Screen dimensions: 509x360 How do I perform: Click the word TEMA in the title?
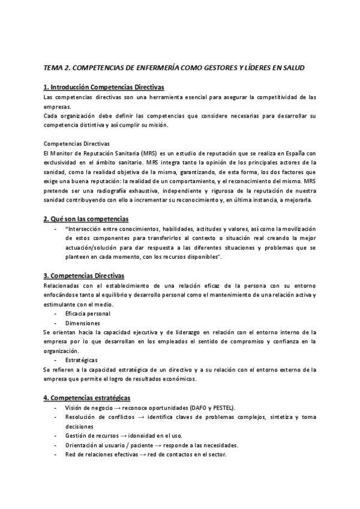coord(55,68)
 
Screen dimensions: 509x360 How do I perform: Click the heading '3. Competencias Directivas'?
coord(84,276)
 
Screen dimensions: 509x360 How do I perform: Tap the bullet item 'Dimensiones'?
coord(83,323)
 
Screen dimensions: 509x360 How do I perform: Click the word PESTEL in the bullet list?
coord(222,408)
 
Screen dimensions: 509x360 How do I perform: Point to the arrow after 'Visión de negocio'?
coord(115,408)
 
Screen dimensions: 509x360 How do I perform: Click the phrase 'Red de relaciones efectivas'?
coord(101,454)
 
